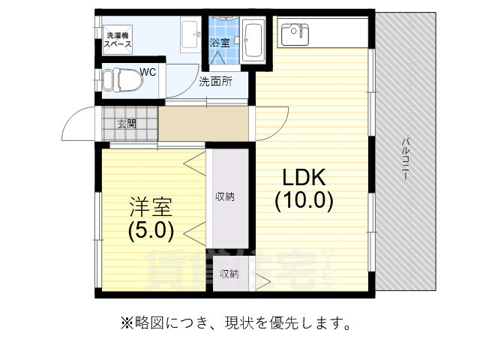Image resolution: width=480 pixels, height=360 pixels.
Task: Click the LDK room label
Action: [x=303, y=178]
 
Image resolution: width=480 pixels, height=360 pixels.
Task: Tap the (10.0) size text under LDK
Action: [x=303, y=201]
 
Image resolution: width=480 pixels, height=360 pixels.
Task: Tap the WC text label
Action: [x=148, y=73]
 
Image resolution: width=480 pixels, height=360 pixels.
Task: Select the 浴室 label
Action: [x=220, y=42]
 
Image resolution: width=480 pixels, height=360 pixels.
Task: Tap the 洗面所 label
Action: [x=214, y=82]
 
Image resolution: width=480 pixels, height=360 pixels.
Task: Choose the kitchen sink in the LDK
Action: [x=295, y=33]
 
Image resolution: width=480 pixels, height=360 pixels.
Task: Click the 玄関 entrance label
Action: [x=127, y=124]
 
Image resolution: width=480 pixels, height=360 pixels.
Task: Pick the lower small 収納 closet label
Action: [x=229, y=274]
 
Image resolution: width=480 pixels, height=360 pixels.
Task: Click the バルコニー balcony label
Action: [x=405, y=157]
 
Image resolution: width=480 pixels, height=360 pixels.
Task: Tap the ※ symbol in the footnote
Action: [x=125, y=324]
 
